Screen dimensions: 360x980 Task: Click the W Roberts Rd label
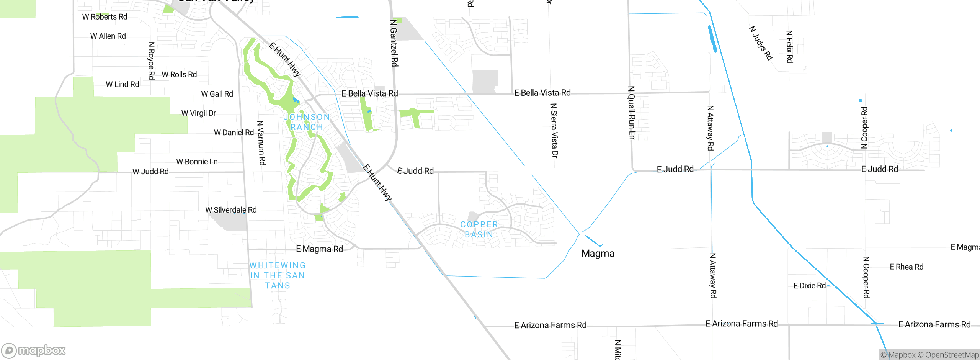click(105, 17)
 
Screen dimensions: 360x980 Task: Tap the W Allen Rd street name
click(108, 36)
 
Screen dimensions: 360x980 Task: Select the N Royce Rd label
click(151, 61)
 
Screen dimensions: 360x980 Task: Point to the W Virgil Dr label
click(198, 113)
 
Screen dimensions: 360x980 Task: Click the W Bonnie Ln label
click(197, 162)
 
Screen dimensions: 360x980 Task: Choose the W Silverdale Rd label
click(231, 210)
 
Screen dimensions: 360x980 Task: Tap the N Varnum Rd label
click(261, 143)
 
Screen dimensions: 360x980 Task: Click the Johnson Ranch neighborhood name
click(307, 122)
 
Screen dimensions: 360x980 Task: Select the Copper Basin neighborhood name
click(479, 229)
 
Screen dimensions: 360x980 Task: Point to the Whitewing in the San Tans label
click(278, 275)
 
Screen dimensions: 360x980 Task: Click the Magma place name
click(598, 254)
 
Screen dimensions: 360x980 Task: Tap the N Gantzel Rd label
click(394, 43)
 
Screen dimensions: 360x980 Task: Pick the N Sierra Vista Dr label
click(554, 130)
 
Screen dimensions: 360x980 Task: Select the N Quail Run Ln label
click(631, 113)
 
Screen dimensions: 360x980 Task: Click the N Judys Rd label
click(761, 43)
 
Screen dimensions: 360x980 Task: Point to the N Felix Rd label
click(789, 46)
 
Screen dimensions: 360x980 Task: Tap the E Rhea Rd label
click(906, 267)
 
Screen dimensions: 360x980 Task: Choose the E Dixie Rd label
click(809, 286)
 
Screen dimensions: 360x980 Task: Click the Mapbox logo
click(33, 350)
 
